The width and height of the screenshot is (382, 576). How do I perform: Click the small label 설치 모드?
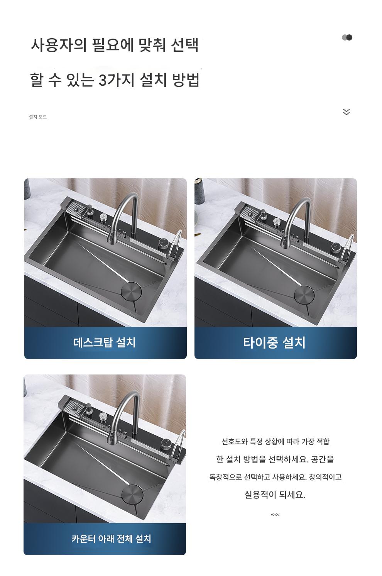tap(38, 117)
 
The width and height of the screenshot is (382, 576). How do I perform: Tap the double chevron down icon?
tap(346, 112)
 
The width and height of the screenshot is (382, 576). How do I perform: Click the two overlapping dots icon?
tap(347, 37)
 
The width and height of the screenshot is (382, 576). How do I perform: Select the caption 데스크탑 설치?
tap(104, 342)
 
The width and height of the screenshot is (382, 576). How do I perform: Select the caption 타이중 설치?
tap(274, 342)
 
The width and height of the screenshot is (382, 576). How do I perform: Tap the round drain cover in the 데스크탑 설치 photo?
tap(131, 291)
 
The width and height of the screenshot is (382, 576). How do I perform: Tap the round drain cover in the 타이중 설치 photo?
tap(304, 294)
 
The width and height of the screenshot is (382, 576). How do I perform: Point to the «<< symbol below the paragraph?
tap(275, 515)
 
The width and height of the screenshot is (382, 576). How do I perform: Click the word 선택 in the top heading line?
tap(185, 45)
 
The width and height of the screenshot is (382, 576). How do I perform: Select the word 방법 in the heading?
tap(186, 80)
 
